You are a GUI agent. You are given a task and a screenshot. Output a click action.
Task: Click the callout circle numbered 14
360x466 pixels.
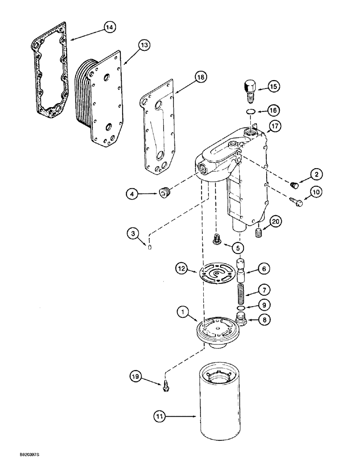click(x=109, y=28)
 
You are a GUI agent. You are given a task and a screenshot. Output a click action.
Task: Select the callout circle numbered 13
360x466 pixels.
click(x=144, y=45)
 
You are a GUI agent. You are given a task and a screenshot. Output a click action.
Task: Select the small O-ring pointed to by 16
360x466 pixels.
click(x=251, y=111)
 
